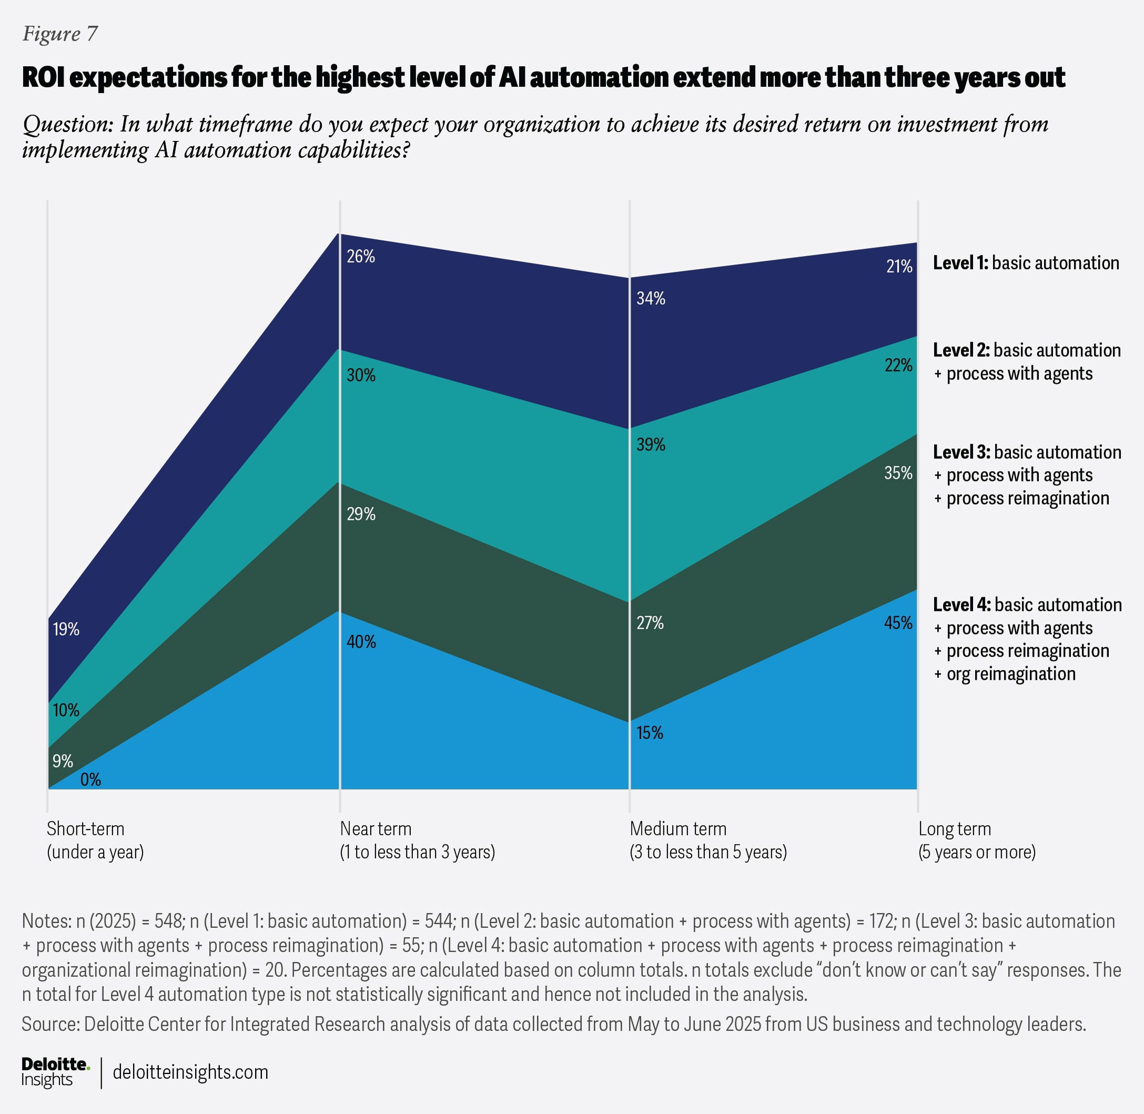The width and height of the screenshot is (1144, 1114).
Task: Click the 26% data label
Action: [361, 256]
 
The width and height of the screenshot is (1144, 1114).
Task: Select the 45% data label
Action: [898, 622]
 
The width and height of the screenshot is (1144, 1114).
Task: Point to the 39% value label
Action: [651, 445]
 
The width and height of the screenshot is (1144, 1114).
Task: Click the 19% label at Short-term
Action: [66, 629]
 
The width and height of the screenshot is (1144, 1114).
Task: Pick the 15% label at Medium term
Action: [650, 732]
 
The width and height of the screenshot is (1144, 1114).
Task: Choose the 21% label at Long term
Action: [899, 266]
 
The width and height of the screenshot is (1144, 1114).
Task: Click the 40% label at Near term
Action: [361, 642]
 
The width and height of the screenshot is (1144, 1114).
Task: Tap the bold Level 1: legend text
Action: [960, 263]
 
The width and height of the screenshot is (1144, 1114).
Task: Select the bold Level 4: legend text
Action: [961, 605]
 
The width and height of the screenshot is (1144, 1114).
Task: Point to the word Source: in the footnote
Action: [50, 1024]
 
